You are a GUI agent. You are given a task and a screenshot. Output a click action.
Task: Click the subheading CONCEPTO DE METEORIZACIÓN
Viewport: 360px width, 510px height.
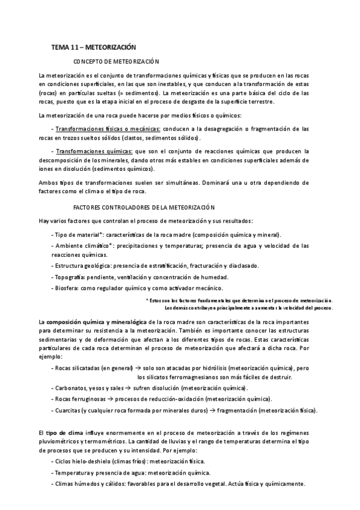pyautogui.click(x=115, y=61)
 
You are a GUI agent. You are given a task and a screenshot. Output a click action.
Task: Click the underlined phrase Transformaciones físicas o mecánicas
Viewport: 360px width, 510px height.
pyautogui.click(x=107, y=129)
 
